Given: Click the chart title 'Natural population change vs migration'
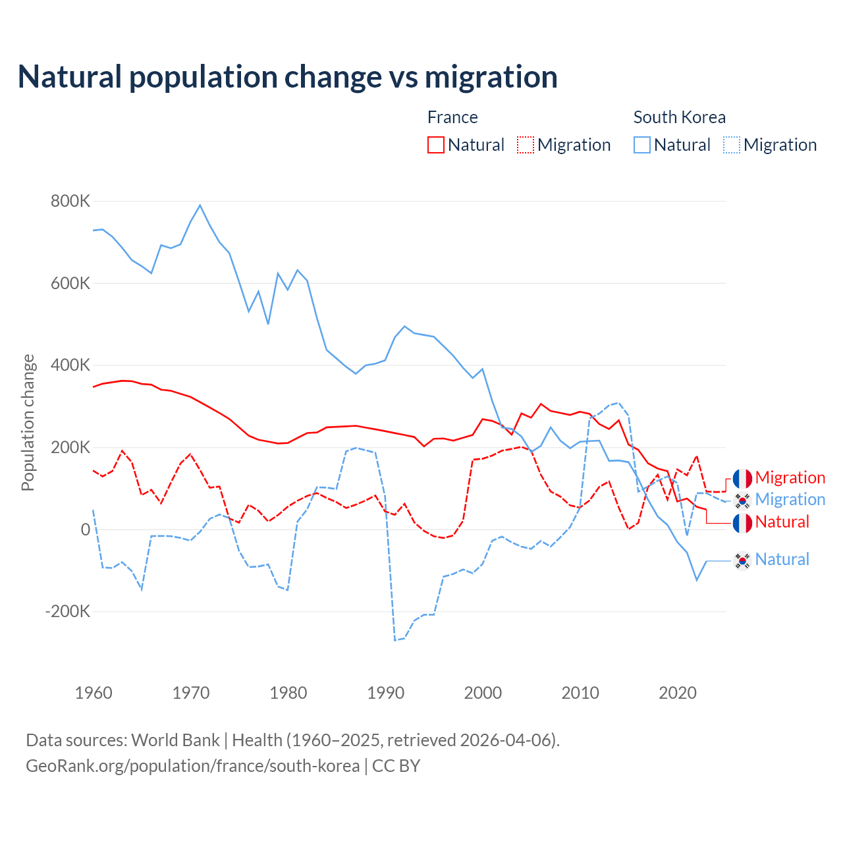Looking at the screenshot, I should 288,77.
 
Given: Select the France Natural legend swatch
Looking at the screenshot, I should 436,145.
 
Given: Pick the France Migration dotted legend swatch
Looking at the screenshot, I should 526,145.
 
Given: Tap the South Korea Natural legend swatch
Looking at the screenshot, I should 642,145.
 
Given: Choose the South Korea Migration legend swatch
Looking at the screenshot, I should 732,145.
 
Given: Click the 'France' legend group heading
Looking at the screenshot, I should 452,117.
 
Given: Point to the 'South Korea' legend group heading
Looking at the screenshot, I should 679,117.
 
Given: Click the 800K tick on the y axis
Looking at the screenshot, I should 70,202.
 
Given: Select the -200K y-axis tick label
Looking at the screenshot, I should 68,612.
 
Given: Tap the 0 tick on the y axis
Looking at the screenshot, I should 86,530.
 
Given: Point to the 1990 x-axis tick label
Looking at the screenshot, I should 386,693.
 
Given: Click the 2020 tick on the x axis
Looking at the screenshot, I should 678,693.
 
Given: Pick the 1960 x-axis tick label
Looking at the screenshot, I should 94,693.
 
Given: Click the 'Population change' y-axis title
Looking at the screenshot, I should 28,423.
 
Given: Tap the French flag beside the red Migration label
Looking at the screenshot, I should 742,479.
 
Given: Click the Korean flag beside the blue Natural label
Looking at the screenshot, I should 742,560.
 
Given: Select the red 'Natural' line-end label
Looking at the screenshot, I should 782,522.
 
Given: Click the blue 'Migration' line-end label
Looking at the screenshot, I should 790,500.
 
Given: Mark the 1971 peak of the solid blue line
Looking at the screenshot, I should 200,205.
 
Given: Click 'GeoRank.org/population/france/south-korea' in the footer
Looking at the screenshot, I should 192,766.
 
